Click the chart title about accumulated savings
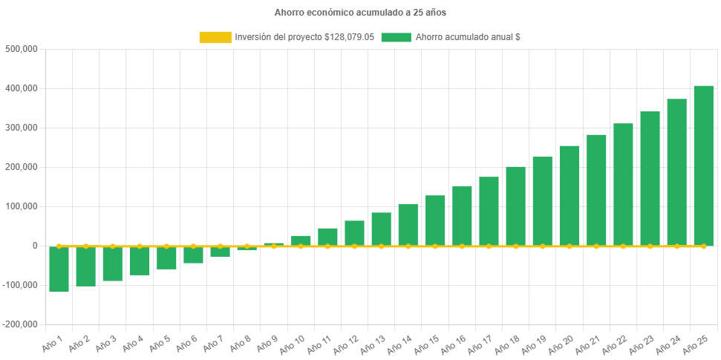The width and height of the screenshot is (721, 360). (x=360, y=13)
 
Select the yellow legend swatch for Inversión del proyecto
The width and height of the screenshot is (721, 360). (x=215, y=37)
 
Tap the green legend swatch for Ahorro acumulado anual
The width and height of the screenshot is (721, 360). (x=396, y=37)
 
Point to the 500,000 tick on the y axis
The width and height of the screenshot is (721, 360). (x=22, y=49)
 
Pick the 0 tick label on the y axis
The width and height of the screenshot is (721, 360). (x=34, y=246)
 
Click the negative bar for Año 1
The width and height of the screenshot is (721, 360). (x=59, y=269)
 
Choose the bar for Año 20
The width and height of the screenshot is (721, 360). (x=570, y=195)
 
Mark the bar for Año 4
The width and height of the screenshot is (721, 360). (x=140, y=261)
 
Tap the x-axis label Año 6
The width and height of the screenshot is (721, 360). (x=186, y=342)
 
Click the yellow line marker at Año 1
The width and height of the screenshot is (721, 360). (x=59, y=246)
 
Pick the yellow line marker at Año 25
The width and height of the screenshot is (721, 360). (x=703, y=246)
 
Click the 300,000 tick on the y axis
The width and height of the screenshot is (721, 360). (x=22, y=128)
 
